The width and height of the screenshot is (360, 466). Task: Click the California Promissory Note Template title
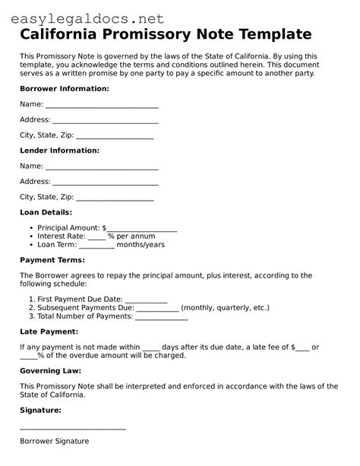tap(166, 34)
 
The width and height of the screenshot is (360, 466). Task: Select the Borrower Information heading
tap(65, 89)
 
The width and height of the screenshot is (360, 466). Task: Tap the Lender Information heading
tap(59, 151)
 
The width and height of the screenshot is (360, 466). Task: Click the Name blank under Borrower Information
tap(102, 105)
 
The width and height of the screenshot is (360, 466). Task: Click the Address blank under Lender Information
tap(106, 182)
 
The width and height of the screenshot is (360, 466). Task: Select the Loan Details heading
tap(46, 212)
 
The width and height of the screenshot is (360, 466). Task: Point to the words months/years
tap(141, 245)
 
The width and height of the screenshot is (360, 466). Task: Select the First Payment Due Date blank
tap(146, 300)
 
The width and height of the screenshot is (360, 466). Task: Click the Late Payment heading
tap(49, 331)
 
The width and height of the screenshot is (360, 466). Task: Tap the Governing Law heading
tap(52, 371)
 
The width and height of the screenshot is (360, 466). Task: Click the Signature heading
tap(40, 410)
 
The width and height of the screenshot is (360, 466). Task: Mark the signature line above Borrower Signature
tap(73, 430)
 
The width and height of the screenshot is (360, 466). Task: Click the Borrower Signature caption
tap(54, 441)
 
